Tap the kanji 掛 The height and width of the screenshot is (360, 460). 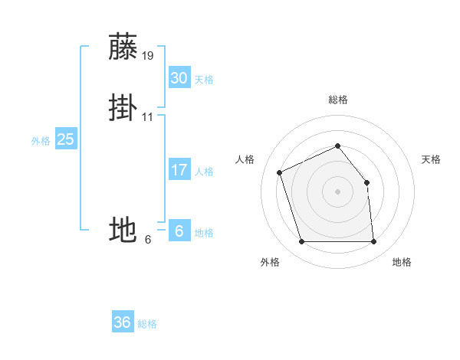pyautogui.click(x=123, y=108)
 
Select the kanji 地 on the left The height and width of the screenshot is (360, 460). pyautogui.click(x=123, y=229)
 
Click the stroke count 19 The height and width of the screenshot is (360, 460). pyautogui.click(x=148, y=55)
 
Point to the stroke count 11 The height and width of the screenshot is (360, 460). pyautogui.click(x=148, y=117)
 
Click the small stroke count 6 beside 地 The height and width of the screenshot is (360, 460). pyautogui.click(x=148, y=239)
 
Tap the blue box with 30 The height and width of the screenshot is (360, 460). pyautogui.click(x=179, y=77)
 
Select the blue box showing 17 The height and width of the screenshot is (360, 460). pyautogui.click(x=179, y=170)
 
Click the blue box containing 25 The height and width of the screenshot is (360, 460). pyautogui.click(x=65, y=139)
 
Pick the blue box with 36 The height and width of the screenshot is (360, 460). pyautogui.click(x=123, y=322)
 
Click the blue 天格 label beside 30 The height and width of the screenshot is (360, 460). pyautogui.click(x=204, y=80)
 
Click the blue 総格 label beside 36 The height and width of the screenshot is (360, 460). pyautogui.click(x=147, y=325)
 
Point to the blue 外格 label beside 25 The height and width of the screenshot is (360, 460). pyautogui.click(x=41, y=141)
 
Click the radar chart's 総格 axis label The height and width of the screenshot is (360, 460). pyautogui.click(x=337, y=100)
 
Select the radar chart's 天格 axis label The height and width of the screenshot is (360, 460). pyautogui.click(x=432, y=159)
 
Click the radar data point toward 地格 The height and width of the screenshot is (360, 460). pyautogui.click(x=373, y=242)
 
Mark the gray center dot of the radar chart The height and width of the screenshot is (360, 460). pyautogui.click(x=337, y=191)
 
